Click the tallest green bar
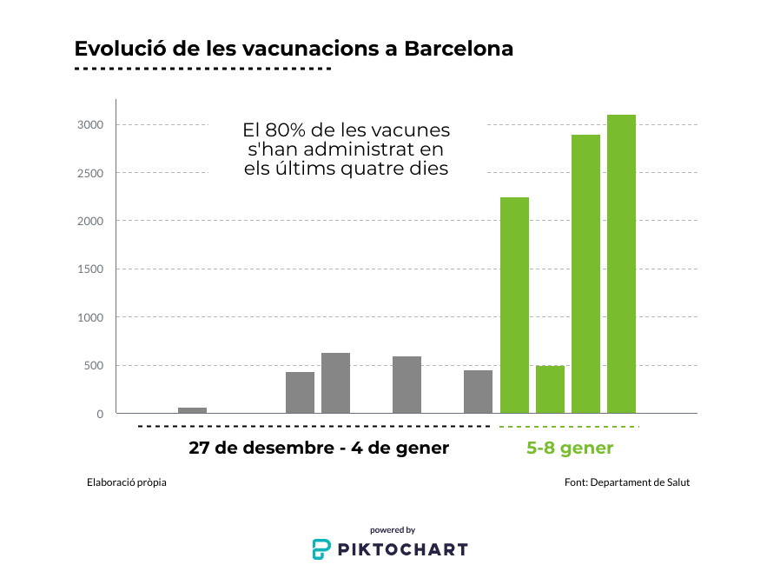621,264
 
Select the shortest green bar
550,389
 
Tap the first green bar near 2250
514,305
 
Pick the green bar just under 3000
585,274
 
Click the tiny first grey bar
192,410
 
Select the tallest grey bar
335,383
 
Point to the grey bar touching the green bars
478,392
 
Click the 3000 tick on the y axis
91,125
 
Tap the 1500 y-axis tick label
91,269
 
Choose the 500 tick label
94,366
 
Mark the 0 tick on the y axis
100,414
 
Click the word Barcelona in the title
459,49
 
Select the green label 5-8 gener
570,448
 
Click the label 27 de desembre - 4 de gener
319,448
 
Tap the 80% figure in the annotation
288,130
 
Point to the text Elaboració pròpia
127,482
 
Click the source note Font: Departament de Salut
627,482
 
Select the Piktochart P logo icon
321,548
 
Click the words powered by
393,529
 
